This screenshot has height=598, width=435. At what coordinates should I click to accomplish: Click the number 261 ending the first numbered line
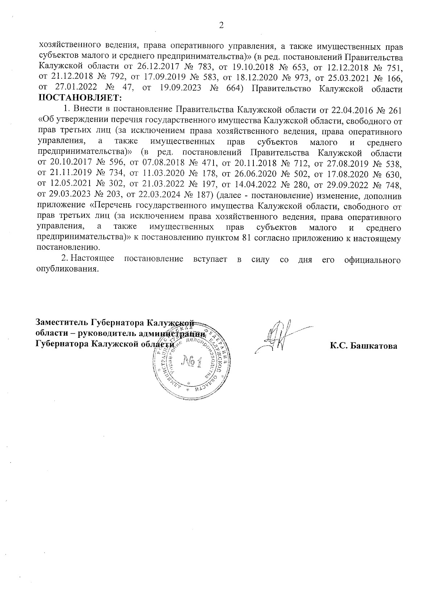tap(395, 109)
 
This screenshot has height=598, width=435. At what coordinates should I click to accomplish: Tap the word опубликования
tap(68, 270)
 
